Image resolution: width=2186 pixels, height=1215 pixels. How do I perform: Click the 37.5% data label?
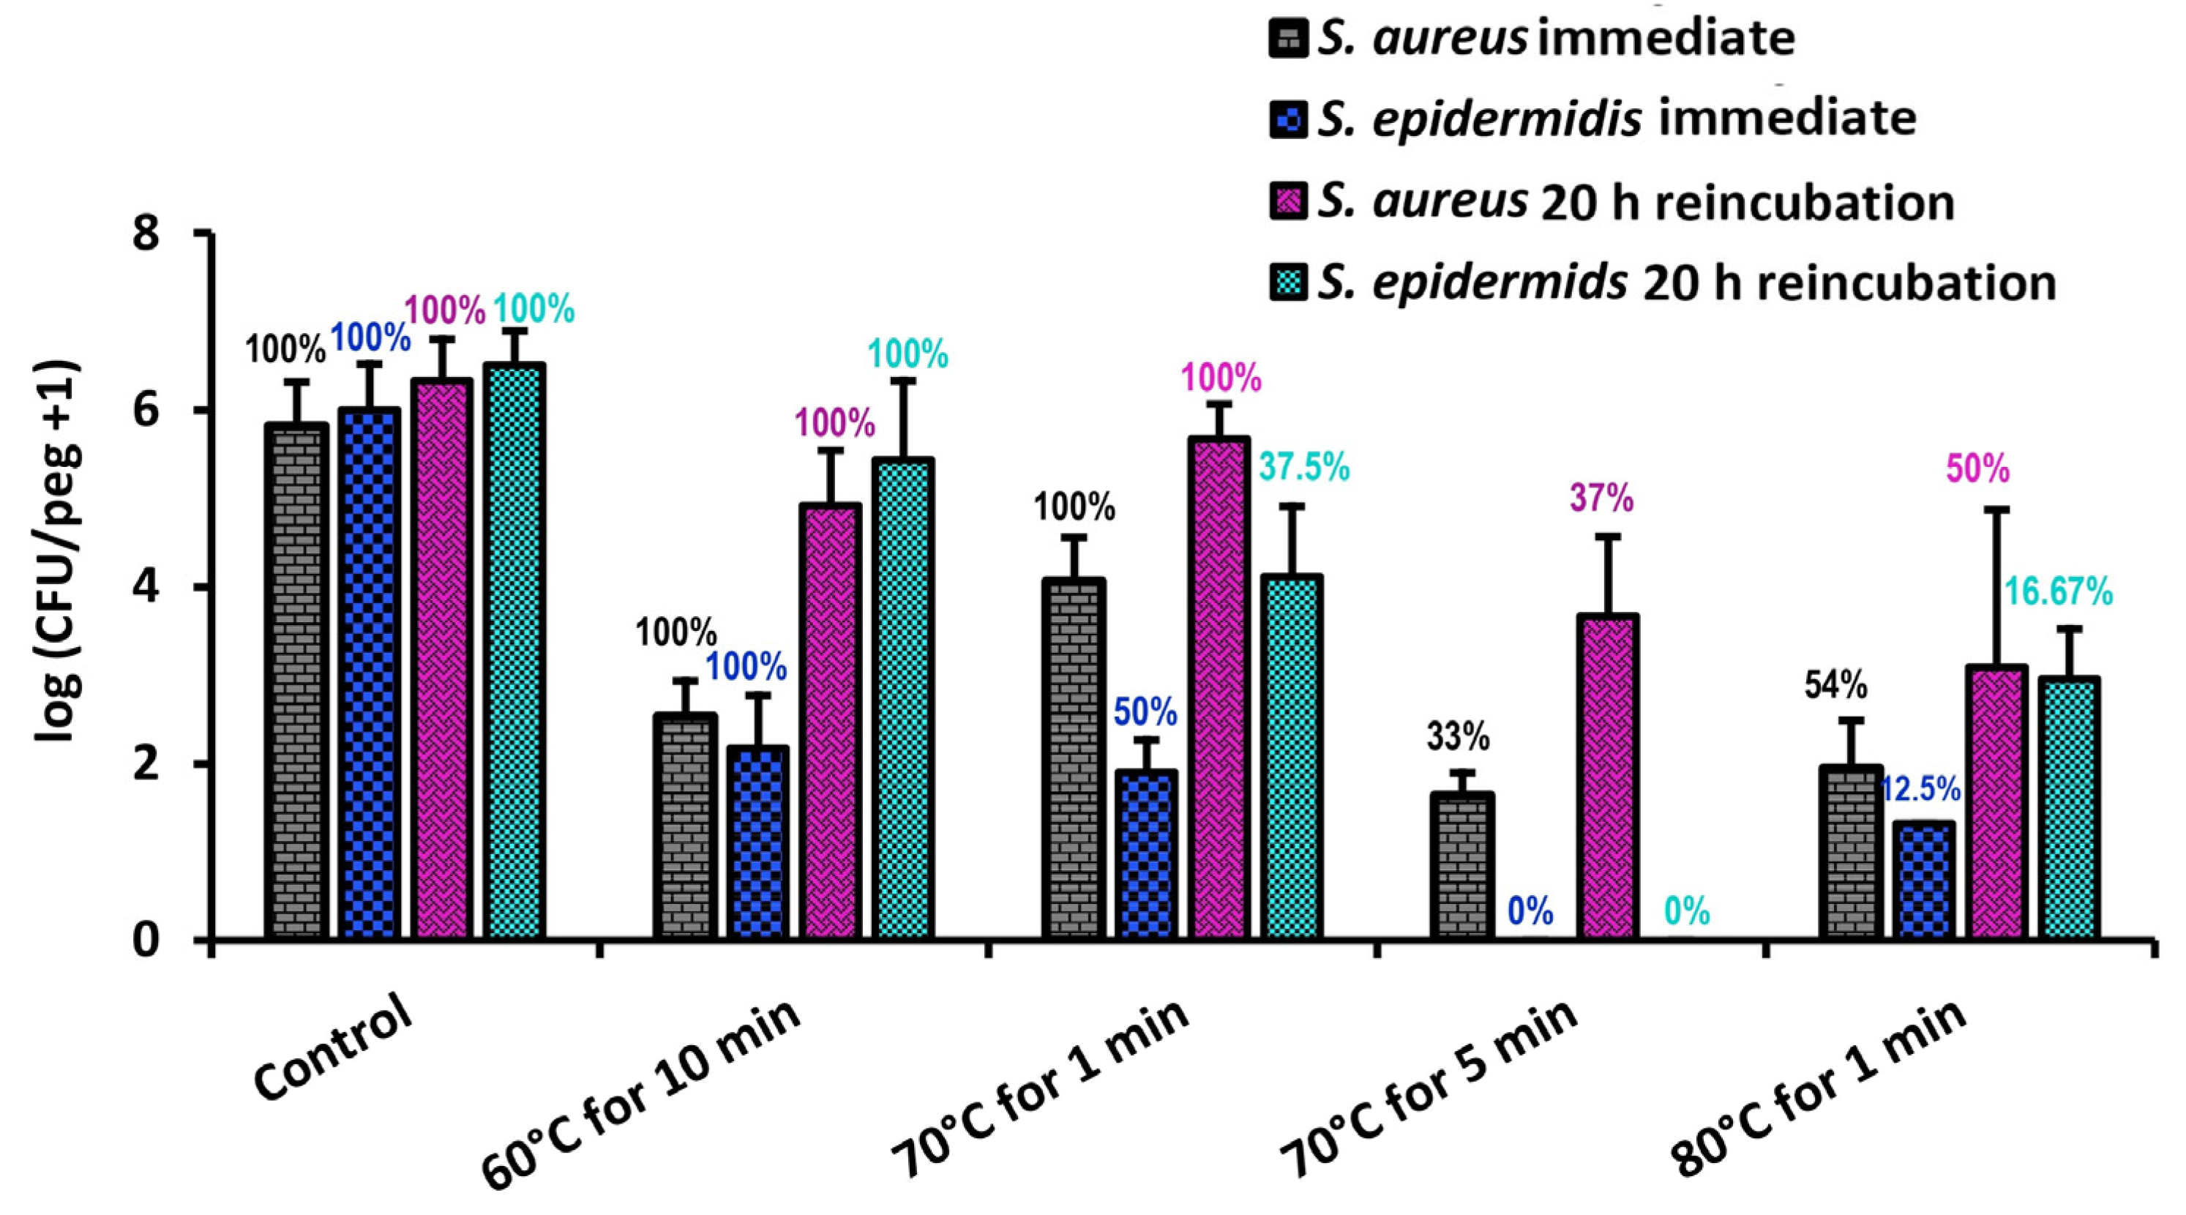click(1303, 467)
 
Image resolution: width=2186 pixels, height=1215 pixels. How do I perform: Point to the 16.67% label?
click(2058, 592)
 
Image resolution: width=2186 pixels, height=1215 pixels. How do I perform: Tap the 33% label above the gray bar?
click(1457, 737)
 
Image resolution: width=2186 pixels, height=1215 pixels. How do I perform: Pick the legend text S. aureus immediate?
click(1554, 38)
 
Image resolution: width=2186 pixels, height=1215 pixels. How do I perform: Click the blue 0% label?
click(1530, 912)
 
